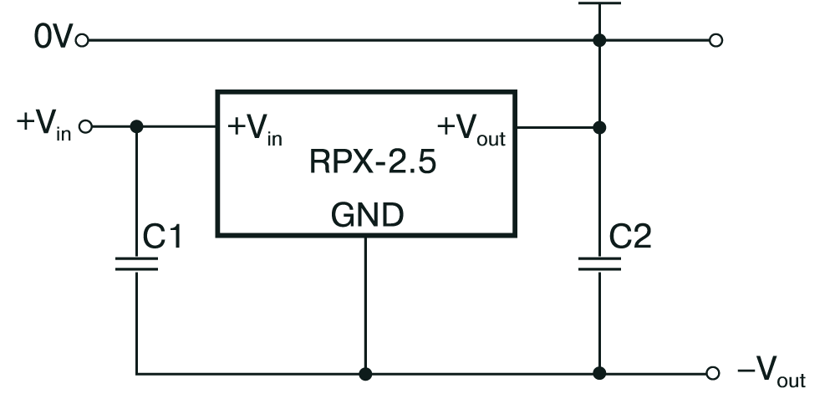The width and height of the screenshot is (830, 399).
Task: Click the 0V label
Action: point(53,38)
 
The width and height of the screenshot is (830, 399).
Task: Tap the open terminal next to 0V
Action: point(82,40)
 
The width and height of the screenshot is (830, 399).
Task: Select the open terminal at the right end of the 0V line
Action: point(715,40)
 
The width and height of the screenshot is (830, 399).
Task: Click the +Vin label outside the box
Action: point(44,126)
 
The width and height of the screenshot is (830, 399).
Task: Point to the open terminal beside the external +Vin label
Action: point(85,126)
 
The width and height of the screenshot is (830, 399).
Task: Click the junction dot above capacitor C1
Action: point(136,126)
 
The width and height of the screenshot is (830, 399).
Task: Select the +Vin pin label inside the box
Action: point(255,130)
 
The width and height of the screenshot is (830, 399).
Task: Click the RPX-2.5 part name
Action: point(373,161)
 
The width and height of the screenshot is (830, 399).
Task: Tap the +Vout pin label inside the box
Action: point(471,130)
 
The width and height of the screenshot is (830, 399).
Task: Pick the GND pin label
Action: point(368,215)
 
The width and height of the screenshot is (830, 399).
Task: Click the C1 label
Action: point(162,237)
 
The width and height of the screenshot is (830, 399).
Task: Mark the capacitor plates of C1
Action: point(136,263)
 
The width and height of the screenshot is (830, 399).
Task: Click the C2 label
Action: point(630,237)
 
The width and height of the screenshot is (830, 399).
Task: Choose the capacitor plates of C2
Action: point(599,263)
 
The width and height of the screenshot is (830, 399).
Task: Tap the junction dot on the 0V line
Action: point(599,40)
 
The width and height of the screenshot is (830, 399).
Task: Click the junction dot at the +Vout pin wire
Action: point(599,127)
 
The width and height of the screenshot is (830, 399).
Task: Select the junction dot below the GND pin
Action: point(365,374)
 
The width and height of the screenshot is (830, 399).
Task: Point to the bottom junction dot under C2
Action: point(599,374)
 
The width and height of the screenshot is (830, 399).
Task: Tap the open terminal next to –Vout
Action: point(713,374)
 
